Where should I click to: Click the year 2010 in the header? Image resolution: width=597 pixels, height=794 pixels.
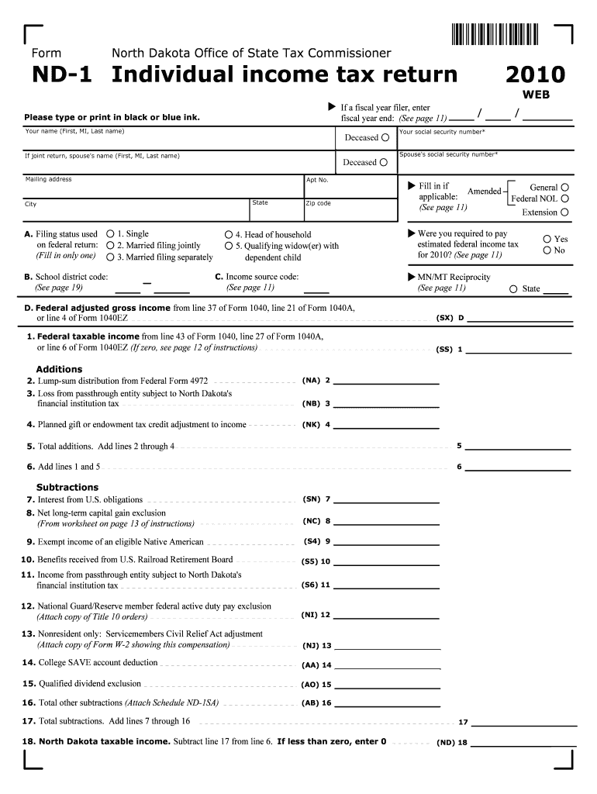pos(535,75)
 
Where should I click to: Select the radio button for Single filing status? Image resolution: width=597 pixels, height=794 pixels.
pos(110,233)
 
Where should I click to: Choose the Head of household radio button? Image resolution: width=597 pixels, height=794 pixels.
pos(229,234)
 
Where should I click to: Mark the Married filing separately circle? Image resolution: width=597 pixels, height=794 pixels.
pos(110,257)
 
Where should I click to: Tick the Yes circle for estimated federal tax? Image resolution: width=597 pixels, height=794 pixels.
pos(547,239)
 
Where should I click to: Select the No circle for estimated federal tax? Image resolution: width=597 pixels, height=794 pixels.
pos(547,250)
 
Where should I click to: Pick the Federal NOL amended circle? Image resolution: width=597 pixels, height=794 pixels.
pos(564,199)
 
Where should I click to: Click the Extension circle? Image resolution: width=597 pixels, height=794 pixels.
pos(564,212)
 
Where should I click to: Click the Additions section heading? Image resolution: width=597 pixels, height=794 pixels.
pos(59,369)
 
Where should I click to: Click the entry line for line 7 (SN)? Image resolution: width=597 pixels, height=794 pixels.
pos(386,499)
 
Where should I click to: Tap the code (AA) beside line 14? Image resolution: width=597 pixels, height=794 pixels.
pos(310,665)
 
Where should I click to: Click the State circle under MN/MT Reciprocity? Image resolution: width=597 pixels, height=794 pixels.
pos(513,289)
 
